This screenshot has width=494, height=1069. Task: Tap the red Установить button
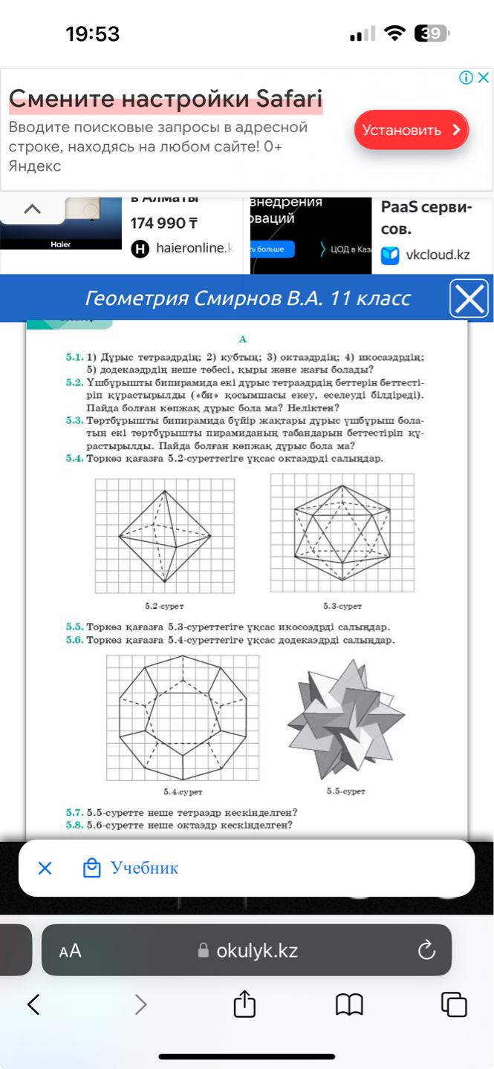point(411,130)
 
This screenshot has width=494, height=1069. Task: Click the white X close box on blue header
point(469,299)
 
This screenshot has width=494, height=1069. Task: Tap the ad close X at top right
point(483,77)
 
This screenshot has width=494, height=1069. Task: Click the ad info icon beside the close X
point(466,77)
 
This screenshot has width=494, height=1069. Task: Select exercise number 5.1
point(74,357)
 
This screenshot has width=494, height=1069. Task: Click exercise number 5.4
point(74,458)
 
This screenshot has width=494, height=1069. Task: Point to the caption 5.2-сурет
point(165,607)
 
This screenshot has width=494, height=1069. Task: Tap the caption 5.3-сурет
point(342,607)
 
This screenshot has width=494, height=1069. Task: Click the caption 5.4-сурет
point(183,793)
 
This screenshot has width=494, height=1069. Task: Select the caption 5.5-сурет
point(346,791)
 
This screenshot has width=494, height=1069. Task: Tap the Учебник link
point(144,868)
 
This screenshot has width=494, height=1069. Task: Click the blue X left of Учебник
point(45,868)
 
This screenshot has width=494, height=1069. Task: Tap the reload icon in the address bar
point(426,949)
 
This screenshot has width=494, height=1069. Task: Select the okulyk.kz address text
point(256,950)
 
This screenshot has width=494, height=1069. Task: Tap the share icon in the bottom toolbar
point(244,1004)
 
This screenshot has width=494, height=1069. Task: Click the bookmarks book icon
point(349,1004)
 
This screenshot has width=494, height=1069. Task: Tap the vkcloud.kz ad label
point(438,255)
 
